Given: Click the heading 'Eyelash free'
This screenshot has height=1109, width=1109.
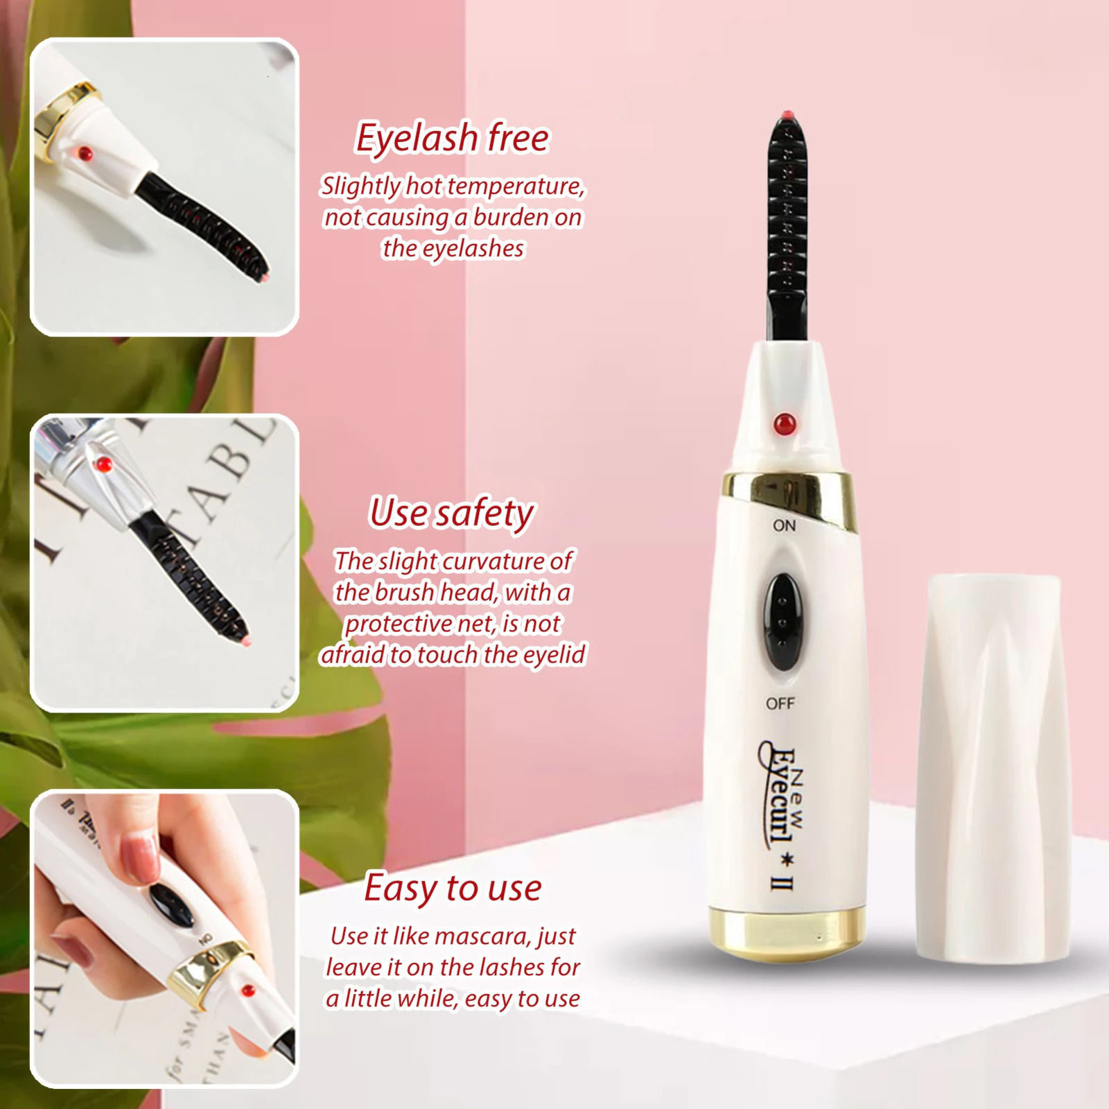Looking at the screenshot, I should [452, 137].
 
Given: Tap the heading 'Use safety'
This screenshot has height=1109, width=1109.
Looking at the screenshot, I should [452, 513].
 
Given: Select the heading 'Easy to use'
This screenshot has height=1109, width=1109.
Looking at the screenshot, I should [453, 888].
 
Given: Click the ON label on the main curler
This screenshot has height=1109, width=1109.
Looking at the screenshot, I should [784, 526].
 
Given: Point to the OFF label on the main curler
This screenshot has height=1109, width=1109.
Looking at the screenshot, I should [780, 704].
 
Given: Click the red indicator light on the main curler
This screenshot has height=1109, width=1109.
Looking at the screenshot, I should [785, 423].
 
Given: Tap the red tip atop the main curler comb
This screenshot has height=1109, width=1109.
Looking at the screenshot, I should [786, 114].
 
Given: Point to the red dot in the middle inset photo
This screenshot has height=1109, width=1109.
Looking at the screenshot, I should [104, 463].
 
